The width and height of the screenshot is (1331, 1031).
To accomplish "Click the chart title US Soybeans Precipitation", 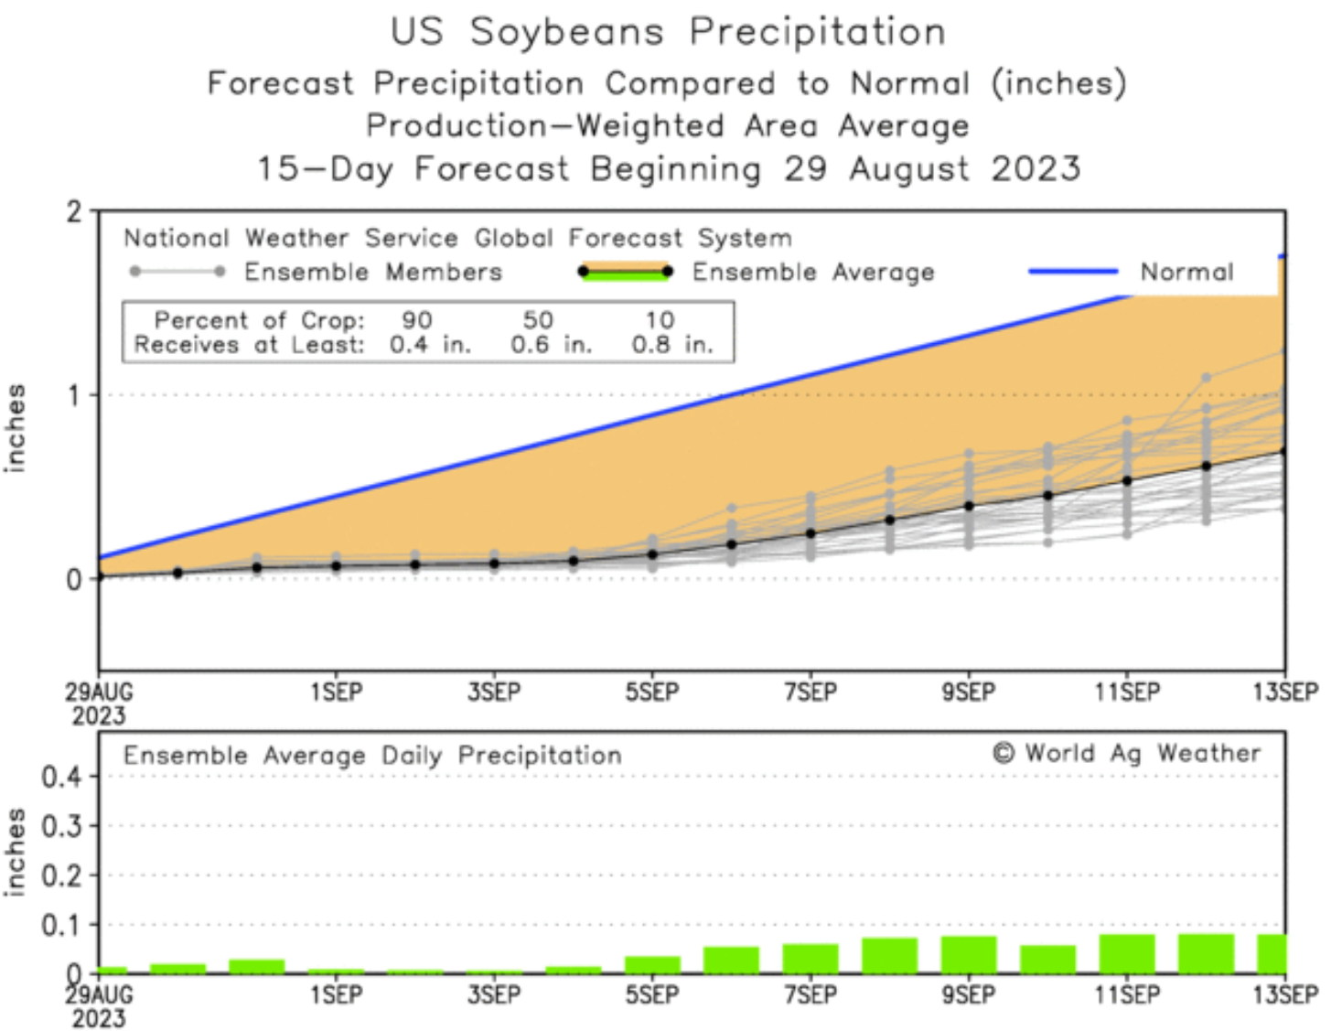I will click(668, 32).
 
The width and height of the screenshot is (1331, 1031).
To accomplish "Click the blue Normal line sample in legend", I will click(1073, 271).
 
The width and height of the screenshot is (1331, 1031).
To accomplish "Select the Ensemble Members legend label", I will click(373, 272).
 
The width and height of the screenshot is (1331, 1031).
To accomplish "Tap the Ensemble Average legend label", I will click(813, 272).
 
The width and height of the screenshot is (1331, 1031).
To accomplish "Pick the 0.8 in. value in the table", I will click(672, 345).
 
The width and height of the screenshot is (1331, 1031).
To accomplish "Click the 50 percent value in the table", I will click(538, 320).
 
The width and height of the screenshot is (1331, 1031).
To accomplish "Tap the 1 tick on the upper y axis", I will click(76, 395).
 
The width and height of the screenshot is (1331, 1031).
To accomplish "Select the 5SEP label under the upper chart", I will click(652, 693).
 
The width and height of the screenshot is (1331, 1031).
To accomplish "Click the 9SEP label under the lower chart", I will click(969, 994).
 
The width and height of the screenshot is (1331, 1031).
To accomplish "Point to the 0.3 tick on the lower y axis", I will click(62, 826).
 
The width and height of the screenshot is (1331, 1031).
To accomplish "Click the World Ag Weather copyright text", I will click(1126, 753).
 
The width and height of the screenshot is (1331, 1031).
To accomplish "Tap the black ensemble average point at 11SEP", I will click(1127, 480).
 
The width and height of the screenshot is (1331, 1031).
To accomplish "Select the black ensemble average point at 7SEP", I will click(810, 533).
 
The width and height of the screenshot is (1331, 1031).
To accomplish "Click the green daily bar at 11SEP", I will click(1127, 953).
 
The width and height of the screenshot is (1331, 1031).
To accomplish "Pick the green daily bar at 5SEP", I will click(652, 964).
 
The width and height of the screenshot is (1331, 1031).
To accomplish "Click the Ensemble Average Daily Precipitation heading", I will click(372, 756).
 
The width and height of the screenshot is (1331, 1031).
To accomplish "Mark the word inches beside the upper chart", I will click(16, 427).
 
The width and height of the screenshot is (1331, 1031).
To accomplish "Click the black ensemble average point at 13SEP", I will click(1283, 451).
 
